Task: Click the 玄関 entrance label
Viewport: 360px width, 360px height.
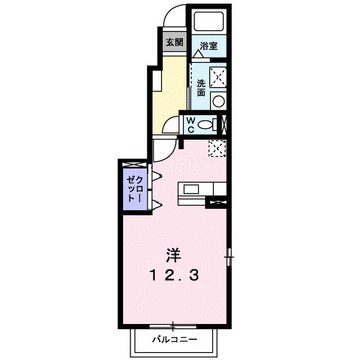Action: pos(174,42)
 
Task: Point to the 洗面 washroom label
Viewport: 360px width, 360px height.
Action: pos(201,88)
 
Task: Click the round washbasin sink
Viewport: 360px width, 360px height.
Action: pos(217,100)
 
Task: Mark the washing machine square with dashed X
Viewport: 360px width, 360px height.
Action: pos(217,76)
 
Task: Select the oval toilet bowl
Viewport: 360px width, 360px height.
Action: pos(207,124)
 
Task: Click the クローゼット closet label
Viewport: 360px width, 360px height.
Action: pos(134,186)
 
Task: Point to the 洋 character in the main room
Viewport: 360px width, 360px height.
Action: pos(174,254)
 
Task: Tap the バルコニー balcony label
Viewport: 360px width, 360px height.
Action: pos(172,338)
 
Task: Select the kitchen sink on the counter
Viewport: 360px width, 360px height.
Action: pos(192,189)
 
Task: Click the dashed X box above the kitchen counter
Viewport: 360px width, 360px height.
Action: pos(217,148)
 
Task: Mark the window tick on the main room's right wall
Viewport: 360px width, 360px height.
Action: pos(229,255)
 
